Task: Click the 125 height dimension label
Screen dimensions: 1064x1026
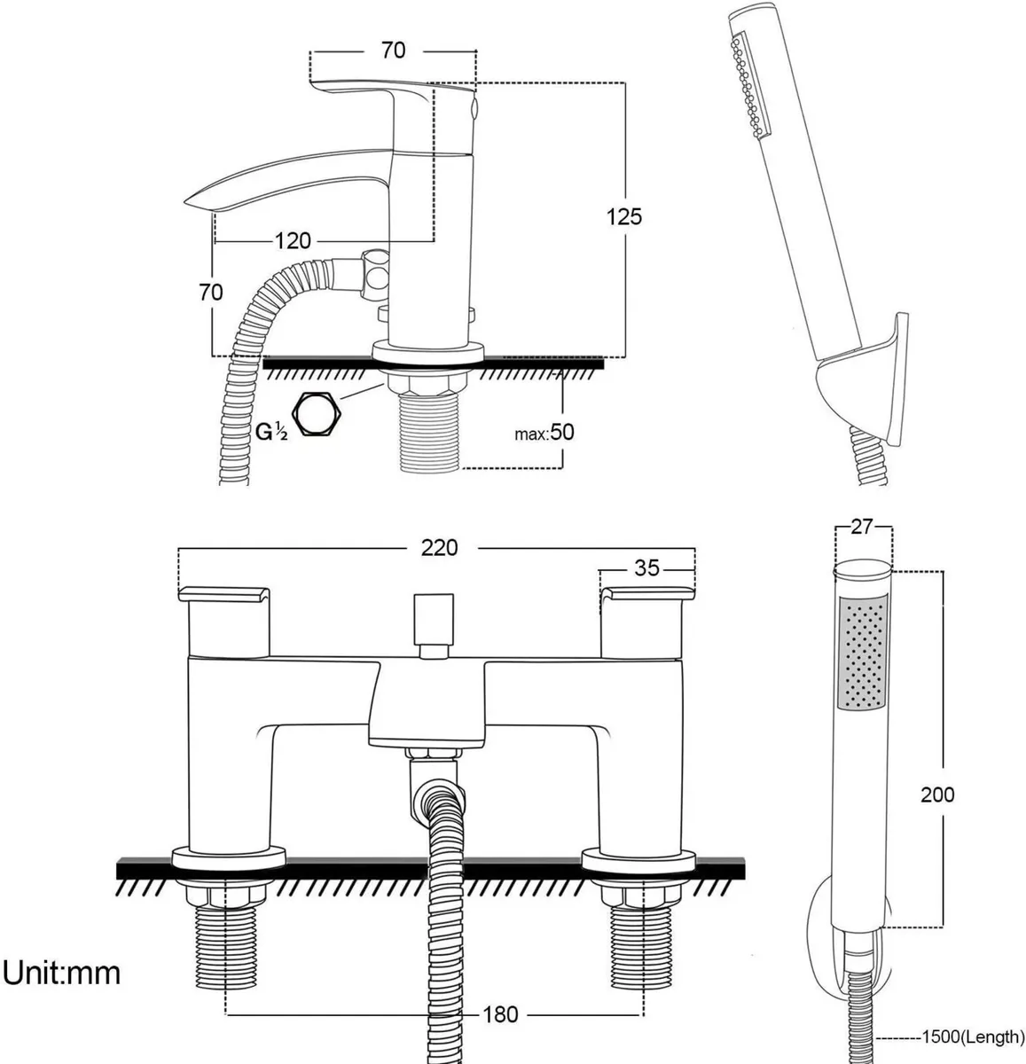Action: pyautogui.click(x=623, y=215)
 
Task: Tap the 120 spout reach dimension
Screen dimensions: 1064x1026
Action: pyautogui.click(x=293, y=240)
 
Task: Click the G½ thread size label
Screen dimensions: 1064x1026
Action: pyautogui.click(x=271, y=432)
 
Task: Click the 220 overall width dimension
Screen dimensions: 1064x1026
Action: pyautogui.click(x=439, y=548)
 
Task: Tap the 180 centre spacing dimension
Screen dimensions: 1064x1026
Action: pyautogui.click(x=500, y=1013)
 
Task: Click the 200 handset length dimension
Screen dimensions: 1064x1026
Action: pyautogui.click(x=937, y=794)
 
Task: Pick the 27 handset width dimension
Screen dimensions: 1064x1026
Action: pyautogui.click(x=862, y=527)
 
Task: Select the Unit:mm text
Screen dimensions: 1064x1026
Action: pyautogui.click(x=60, y=973)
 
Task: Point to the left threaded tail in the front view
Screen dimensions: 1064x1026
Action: pyautogui.click(x=227, y=944)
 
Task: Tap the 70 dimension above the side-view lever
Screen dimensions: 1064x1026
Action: pyautogui.click(x=393, y=51)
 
